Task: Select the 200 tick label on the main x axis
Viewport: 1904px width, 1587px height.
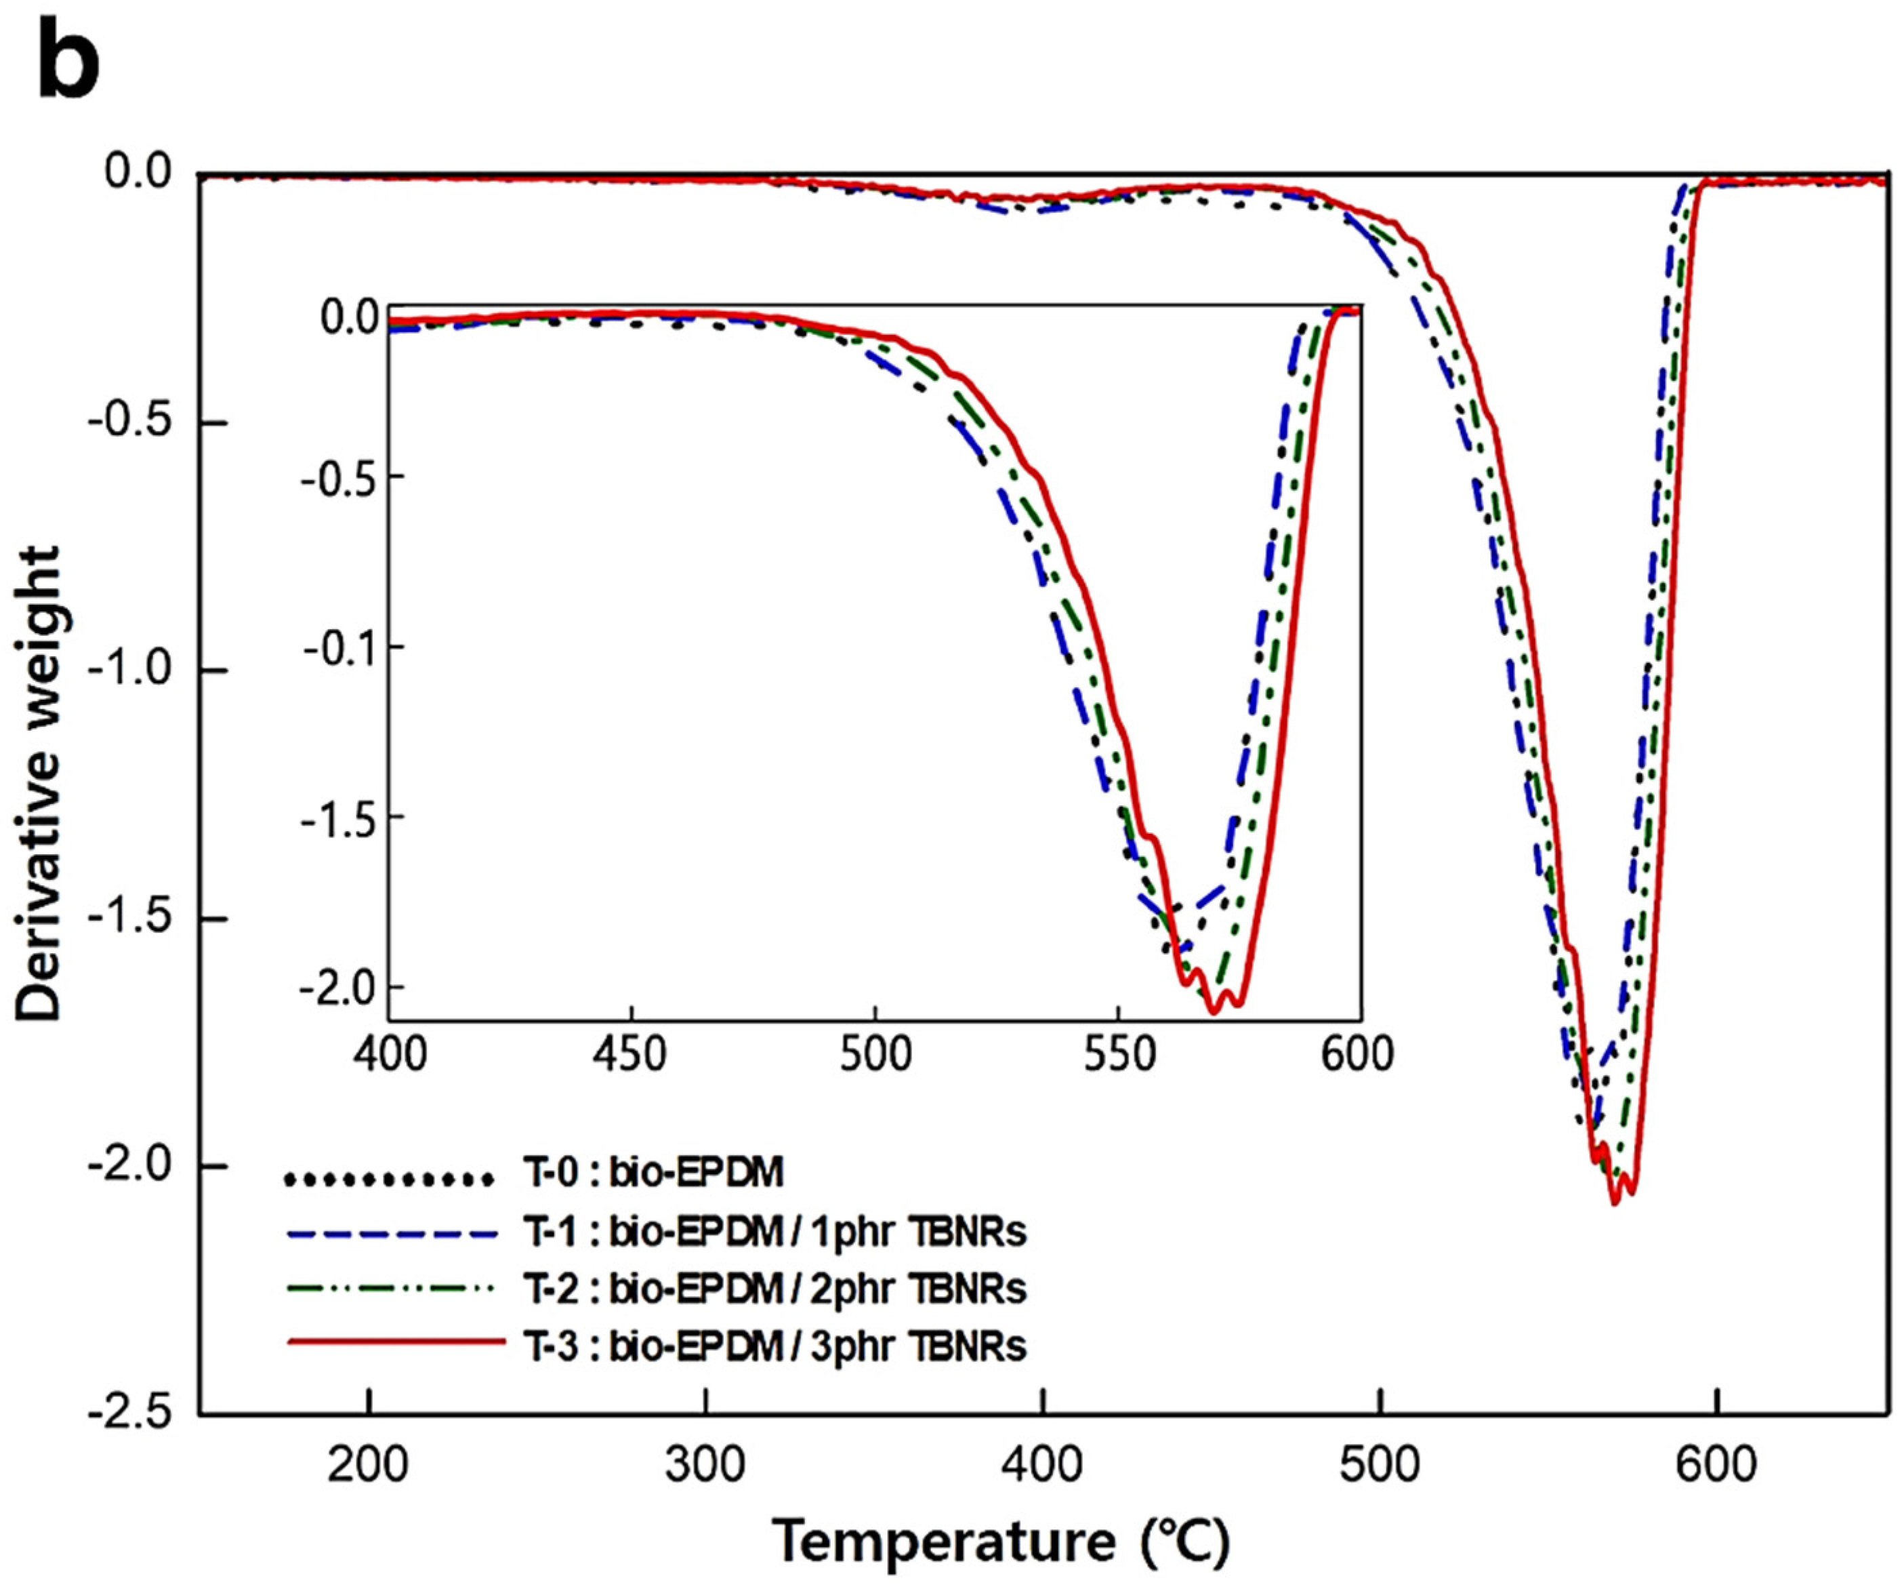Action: click(368, 1464)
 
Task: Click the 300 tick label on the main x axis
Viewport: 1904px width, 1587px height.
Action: click(705, 1464)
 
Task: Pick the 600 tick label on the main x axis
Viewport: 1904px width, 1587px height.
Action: click(1716, 1464)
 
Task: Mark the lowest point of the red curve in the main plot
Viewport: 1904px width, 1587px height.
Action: click(1615, 1203)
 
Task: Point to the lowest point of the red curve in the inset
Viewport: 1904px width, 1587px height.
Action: click(1213, 1011)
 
